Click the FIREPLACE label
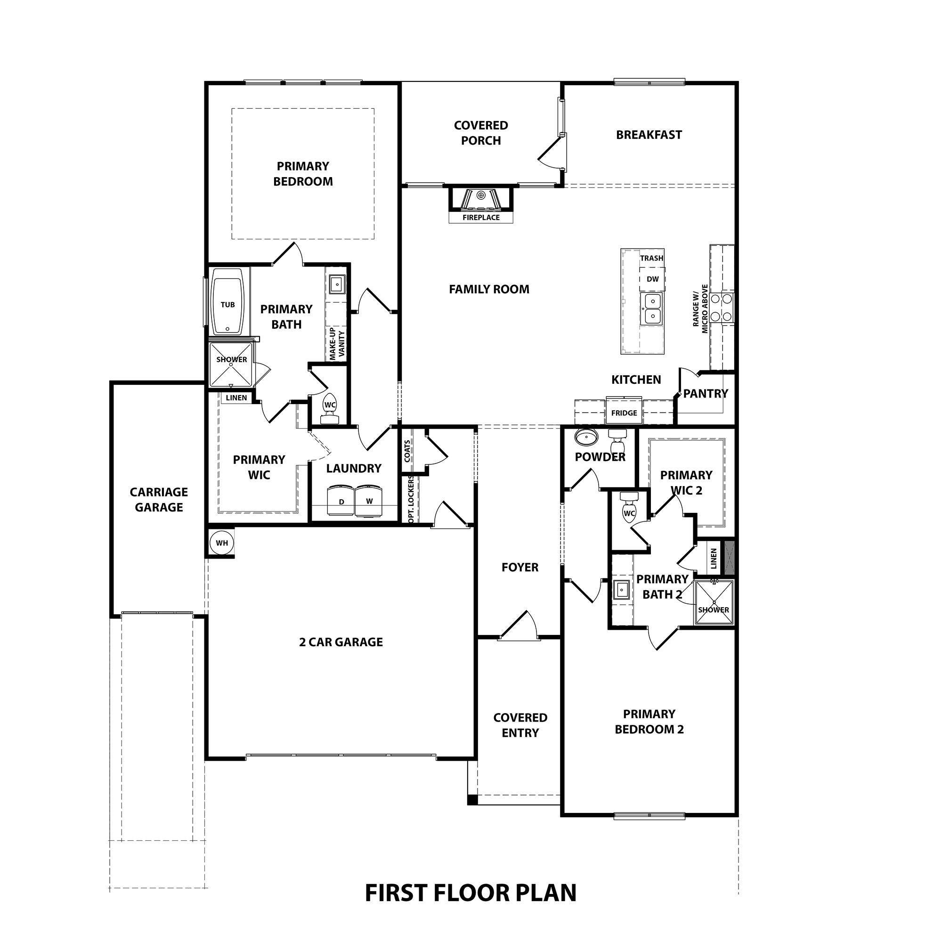click(x=481, y=218)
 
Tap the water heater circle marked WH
click(x=221, y=543)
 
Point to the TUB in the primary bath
click(x=227, y=305)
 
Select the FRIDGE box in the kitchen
click(x=624, y=413)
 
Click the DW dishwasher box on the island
click(x=652, y=279)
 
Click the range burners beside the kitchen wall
click(x=722, y=307)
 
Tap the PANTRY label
click(x=705, y=393)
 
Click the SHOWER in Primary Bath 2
click(x=713, y=603)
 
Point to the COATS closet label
click(x=407, y=451)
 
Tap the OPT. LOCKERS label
click(x=411, y=500)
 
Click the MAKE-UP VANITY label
click(x=337, y=344)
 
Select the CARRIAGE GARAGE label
click(x=158, y=499)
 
